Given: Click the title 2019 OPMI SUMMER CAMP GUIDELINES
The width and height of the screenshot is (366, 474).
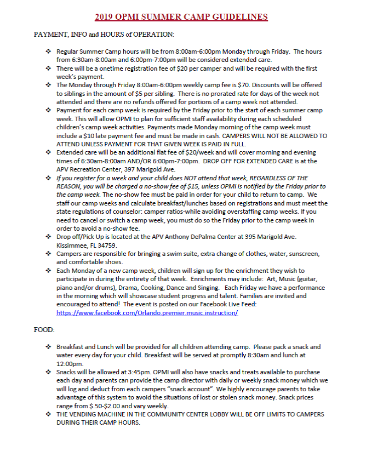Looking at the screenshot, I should (181, 17).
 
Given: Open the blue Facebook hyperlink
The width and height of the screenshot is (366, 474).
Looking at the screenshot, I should (147, 312).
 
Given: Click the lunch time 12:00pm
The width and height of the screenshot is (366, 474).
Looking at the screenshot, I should (69, 363).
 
